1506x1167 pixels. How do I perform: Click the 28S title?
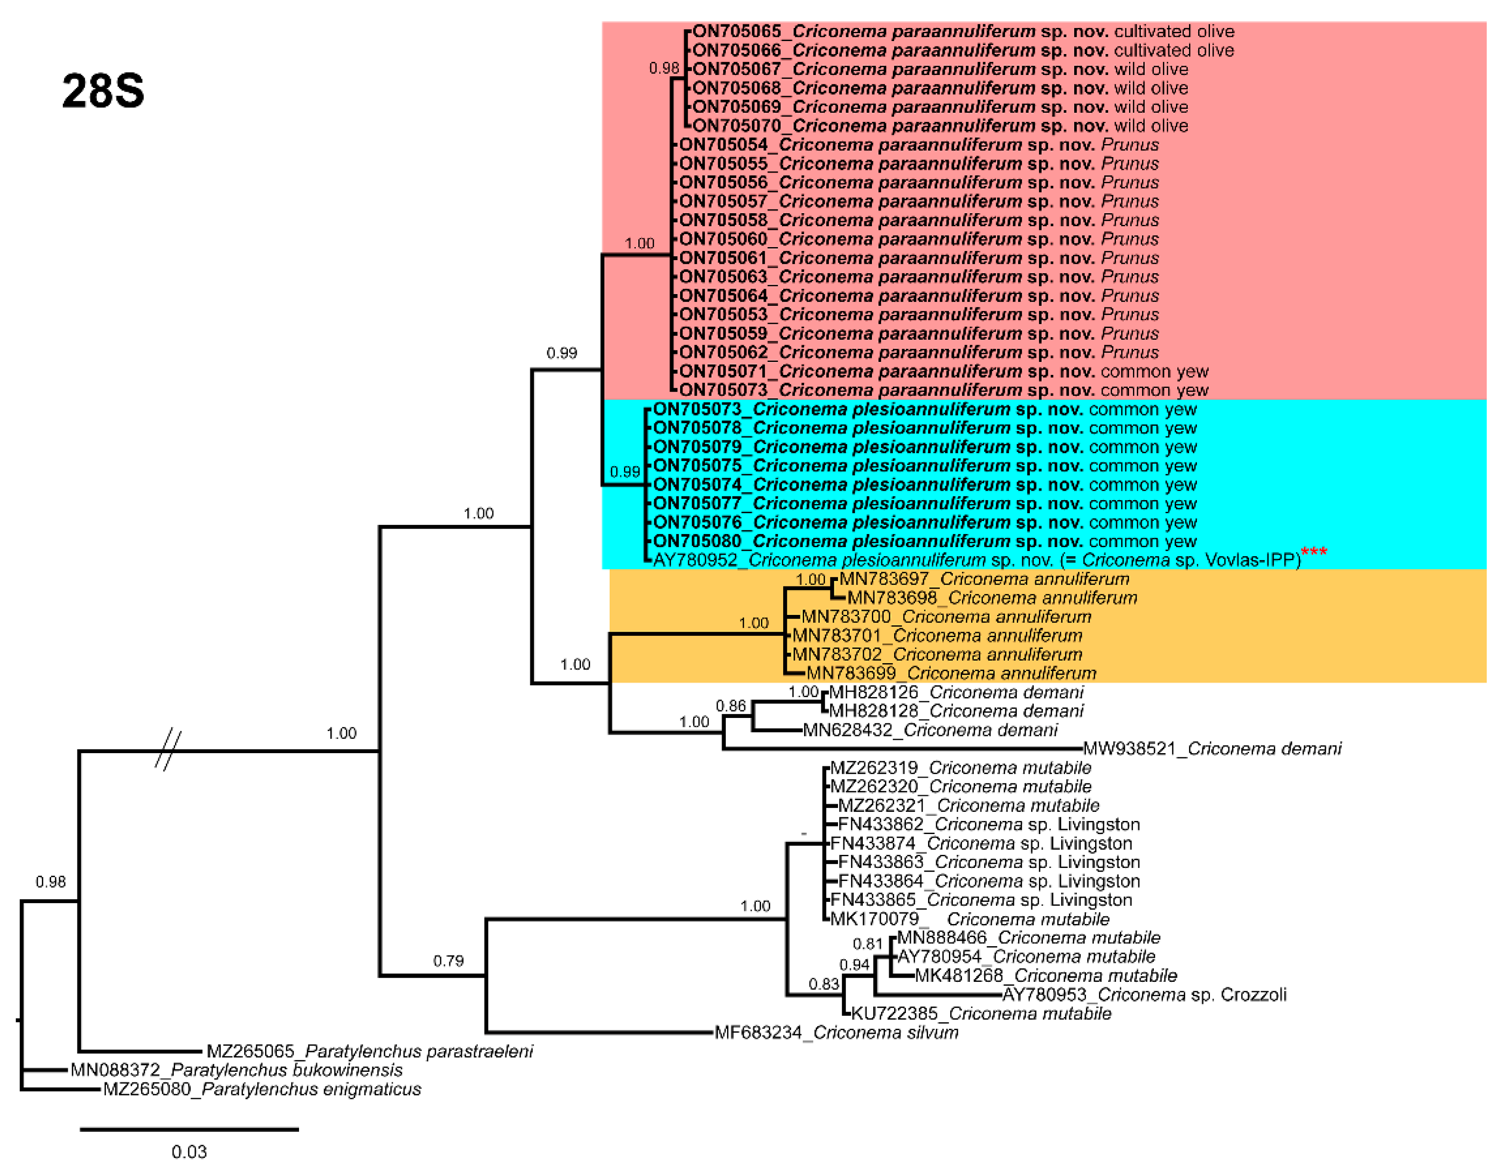point(103,91)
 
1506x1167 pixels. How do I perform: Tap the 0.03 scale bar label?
point(189,1152)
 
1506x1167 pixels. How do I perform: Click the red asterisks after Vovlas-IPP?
point(1314,552)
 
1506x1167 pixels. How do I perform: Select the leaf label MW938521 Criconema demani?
point(1212,749)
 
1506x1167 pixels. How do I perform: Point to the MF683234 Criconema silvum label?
point(836,1033)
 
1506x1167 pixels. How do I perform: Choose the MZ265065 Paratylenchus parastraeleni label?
point(370,1051)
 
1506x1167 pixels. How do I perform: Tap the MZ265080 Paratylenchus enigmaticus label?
point(262,1089)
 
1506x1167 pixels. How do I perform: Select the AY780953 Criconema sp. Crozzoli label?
point(1144,994)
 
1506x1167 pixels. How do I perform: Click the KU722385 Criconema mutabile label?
point(980,1013)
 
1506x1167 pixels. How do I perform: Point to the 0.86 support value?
point(731,705)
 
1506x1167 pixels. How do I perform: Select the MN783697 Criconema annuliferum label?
point(984,578)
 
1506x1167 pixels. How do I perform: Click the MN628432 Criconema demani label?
point(930,730)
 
